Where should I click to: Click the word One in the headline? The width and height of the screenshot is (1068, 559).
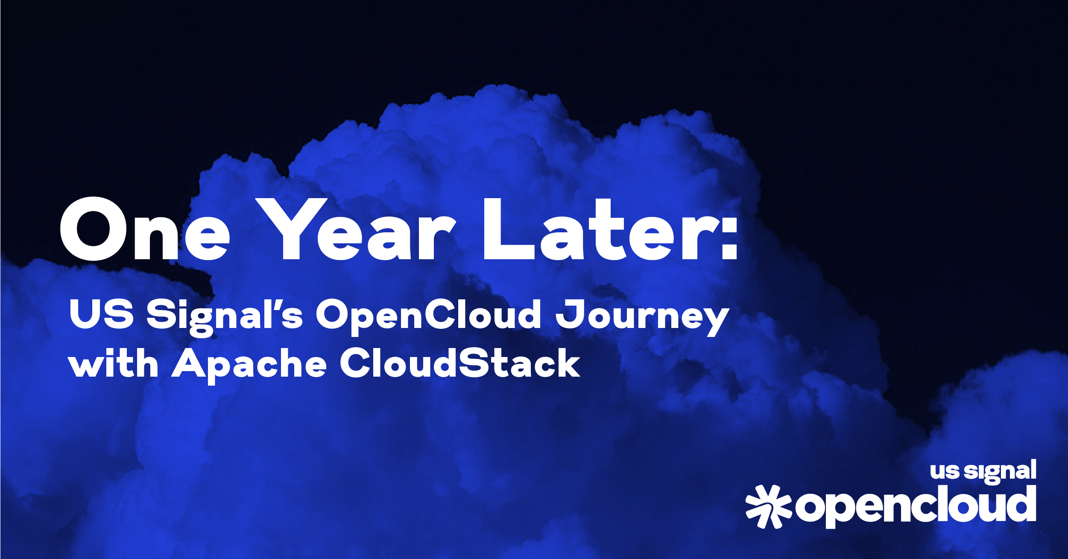click(x=145, y=229)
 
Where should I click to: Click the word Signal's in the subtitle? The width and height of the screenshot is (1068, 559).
click(x=225, y=317)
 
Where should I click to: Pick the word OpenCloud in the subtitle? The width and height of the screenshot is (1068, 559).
click(x=429, y=317)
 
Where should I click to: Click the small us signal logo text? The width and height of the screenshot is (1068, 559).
click(x=983, y=471)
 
